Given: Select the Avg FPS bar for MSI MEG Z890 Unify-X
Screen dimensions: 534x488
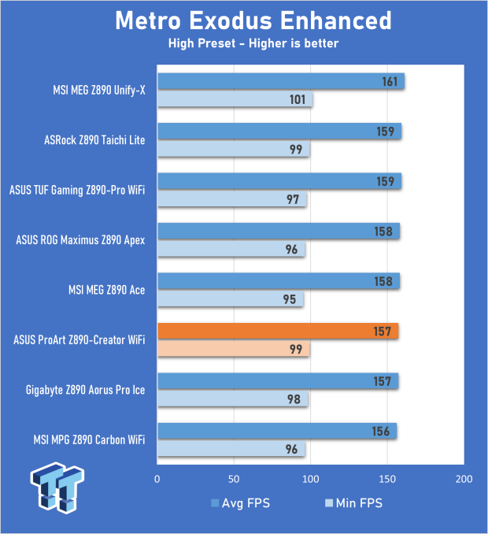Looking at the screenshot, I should (280, 81).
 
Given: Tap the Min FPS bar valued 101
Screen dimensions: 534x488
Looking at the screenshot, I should (235, 100).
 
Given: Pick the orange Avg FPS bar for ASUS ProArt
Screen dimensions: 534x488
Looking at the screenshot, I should (277, 331).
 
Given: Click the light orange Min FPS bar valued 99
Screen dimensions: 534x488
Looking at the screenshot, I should (233, 350).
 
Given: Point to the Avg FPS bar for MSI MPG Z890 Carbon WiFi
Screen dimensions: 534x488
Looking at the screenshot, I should (276, 431).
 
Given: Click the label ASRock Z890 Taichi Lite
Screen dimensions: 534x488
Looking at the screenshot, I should (94, 141).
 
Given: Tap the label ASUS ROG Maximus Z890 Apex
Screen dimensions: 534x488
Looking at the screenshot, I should (81, 241).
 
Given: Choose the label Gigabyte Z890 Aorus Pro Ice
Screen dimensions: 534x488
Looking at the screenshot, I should (85, 391).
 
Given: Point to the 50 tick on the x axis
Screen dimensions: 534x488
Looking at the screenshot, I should (234, 480).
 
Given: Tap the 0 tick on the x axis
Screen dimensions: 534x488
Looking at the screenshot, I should (158, 480).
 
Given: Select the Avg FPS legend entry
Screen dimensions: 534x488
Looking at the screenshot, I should (240, 502).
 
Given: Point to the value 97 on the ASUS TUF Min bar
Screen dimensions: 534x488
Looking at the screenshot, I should (292, 200).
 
